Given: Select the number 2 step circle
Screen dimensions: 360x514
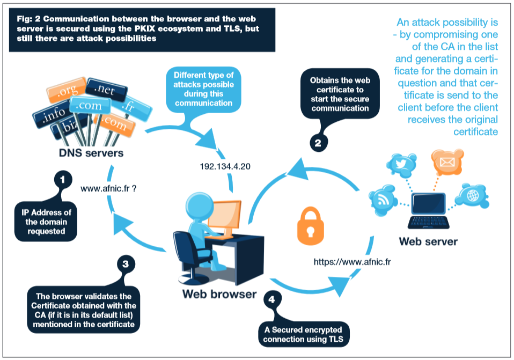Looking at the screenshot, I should point(318,143).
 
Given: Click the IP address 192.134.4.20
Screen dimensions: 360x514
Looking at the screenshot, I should point(225,167).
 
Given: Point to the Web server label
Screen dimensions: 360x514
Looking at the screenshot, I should point(428,241).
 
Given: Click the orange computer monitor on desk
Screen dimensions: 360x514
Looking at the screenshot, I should point(225,215).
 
